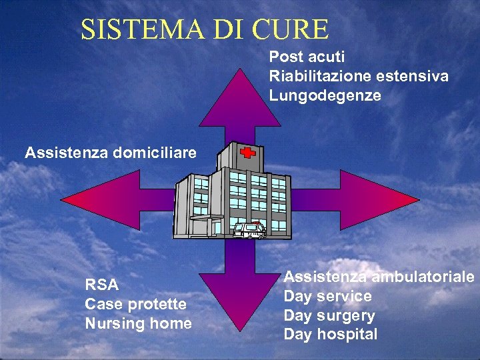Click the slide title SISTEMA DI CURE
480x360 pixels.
(205, 29)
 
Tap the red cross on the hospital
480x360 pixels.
(248, 153)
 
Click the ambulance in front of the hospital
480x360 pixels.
(249, 230)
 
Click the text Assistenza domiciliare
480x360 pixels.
(111, 153)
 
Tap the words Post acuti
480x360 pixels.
(307, 57)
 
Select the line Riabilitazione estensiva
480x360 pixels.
(359, 77)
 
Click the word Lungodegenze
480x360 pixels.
(325, 96)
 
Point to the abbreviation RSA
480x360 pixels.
(102, 285)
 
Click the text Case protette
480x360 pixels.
(136, 305)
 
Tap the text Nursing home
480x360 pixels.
(138, 324)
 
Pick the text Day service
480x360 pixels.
(328, 296)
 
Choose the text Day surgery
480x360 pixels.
(329, 315)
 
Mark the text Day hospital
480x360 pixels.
(331, 335)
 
